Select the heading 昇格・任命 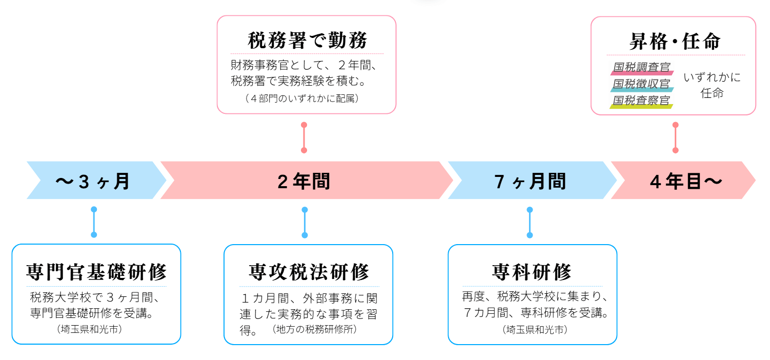675,42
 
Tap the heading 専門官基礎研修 96,272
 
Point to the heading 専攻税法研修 309,272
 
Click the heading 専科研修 532,272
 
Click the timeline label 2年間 303,182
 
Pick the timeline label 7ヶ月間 530,182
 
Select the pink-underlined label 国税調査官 642,67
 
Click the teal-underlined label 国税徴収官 642,84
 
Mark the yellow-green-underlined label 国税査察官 642,100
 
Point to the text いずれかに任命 712,85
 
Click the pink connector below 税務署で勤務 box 304,137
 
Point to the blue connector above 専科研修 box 530,222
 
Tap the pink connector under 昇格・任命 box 675,137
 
